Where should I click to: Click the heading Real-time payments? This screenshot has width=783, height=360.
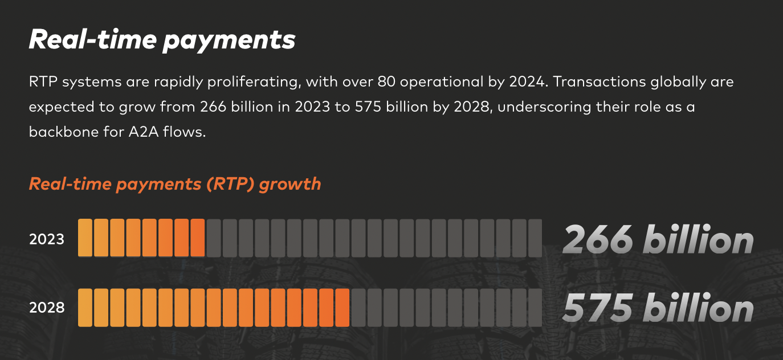tap(162, 40)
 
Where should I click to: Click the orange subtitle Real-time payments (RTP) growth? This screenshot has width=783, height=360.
tap(175, 184)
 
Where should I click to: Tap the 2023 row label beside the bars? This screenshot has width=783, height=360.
tap(47, 239)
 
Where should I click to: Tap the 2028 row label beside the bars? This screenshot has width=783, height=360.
tap(47, 308)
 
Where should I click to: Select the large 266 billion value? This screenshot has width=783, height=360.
tap(658, 239)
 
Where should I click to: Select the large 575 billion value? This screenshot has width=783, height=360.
tap(658, 308)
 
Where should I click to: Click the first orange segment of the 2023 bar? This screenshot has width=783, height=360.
tap(85, 238)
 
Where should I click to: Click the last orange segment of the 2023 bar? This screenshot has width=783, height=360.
tap(198, 238)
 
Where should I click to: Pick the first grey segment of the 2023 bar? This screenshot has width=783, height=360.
tap(214, 238)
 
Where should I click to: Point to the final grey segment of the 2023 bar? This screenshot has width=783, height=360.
tap(535, 238)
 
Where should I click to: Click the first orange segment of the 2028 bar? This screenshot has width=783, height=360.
tap(85, 308)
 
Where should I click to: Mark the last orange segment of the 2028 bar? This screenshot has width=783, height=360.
tap(342, 308)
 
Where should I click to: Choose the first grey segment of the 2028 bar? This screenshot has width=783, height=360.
tap(358, 308)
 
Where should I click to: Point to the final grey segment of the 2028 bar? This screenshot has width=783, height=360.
tap(535, 308)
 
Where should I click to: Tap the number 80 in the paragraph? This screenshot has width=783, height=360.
tap(385, 82)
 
